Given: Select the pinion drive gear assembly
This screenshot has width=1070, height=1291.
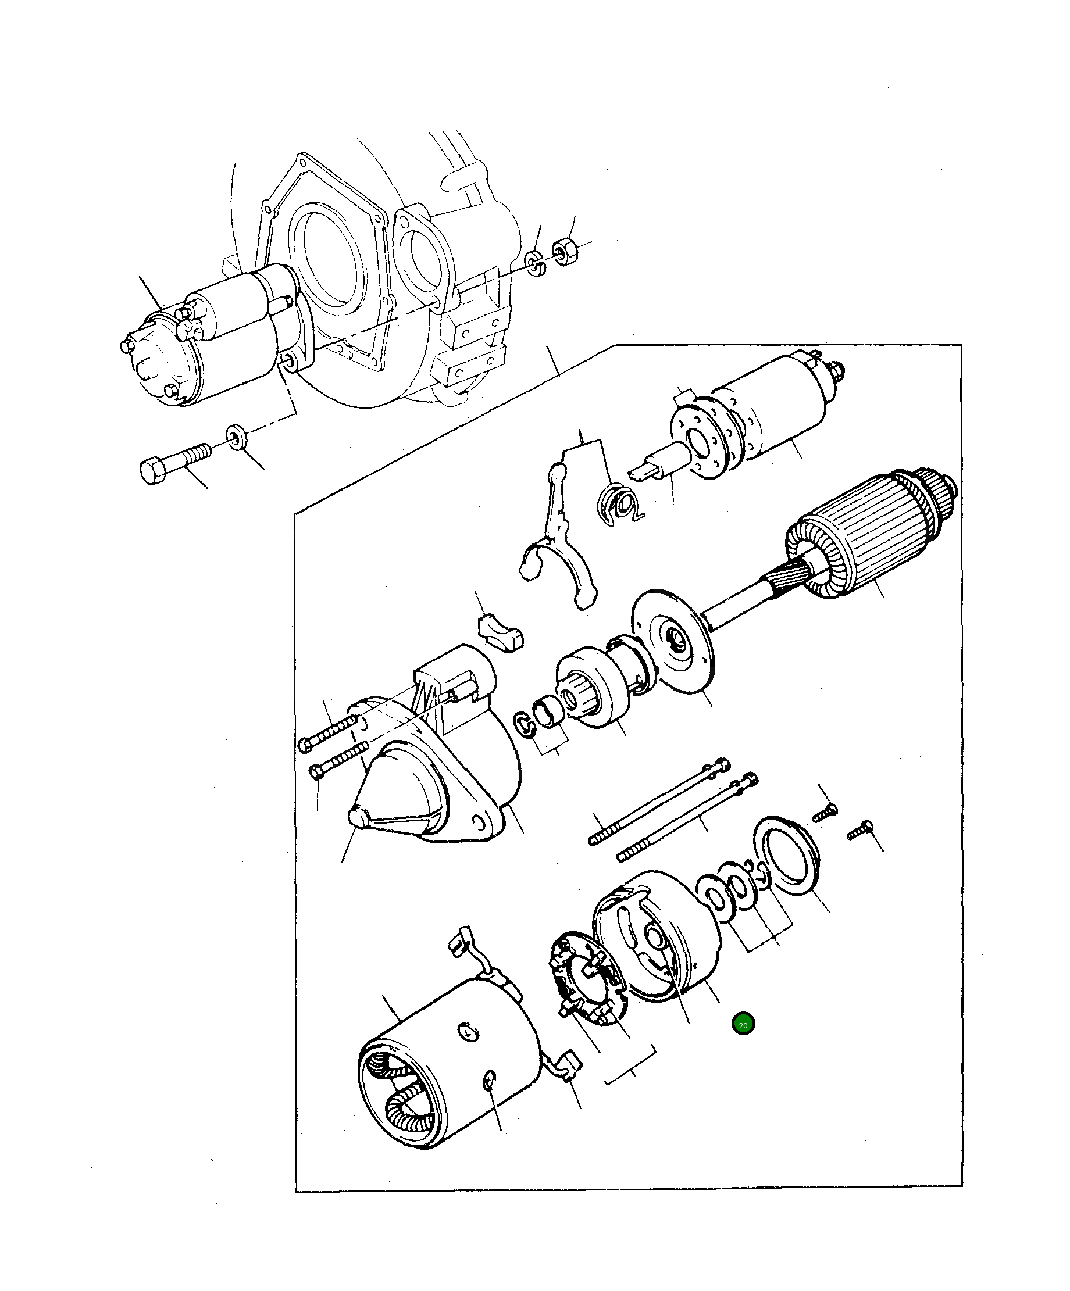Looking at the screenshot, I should [x=593, y=687].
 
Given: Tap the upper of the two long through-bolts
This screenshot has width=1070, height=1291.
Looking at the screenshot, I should [x=658, y=802].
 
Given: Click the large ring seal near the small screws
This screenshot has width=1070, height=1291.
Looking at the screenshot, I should [x=784, y=854].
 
